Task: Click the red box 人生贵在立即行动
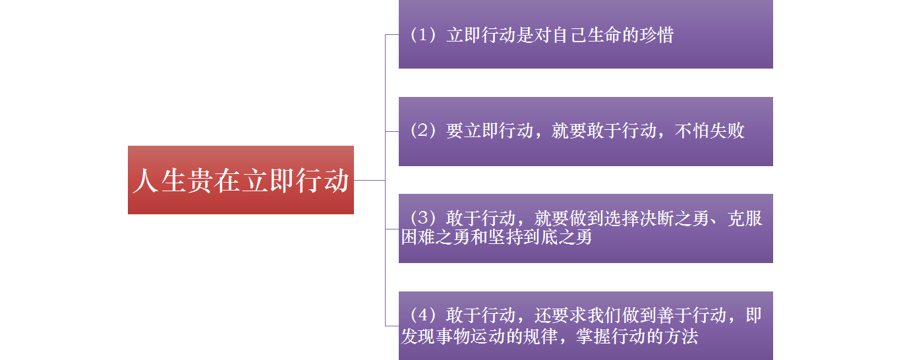pyautogui.click(x=241, y=180)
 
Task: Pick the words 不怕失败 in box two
pyautogui.click(x=710, y=131)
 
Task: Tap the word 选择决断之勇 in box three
pyautogui.click(x=631, y=218)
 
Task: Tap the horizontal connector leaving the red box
pyautogui.click(x=369, y=180)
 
